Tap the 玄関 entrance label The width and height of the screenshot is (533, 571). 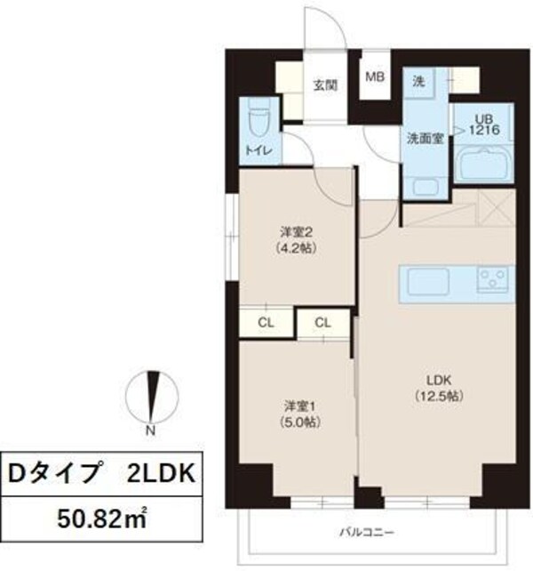324,86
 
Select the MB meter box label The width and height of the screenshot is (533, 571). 376,76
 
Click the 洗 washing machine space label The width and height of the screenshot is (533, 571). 418,81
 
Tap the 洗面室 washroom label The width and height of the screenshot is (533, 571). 424,138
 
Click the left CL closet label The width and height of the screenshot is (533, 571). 266,322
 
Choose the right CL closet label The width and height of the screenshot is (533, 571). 323,322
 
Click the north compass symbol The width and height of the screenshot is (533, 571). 153,396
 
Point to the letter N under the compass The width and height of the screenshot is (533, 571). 152,431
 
